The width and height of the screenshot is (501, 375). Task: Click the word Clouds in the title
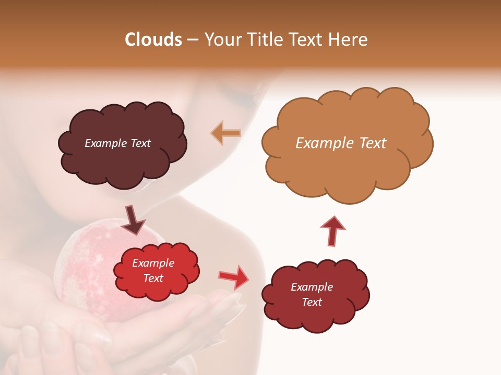(x=153, y=40)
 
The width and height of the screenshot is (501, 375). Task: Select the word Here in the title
(x=349, y=40)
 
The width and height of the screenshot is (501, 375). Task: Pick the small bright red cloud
(x=157, y=289)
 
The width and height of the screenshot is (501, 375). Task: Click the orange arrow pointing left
(x=226, y=133)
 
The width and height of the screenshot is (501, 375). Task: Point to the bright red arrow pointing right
(x=234, y=277)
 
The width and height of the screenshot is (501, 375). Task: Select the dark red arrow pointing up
(x=333, y=230)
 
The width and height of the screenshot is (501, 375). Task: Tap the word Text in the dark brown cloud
(x=139, y=143)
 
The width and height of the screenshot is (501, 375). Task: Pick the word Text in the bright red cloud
(x=153, y=278)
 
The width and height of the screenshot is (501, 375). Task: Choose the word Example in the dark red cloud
(x=312, y=287)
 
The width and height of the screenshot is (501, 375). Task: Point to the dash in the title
(x=193, y=40)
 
